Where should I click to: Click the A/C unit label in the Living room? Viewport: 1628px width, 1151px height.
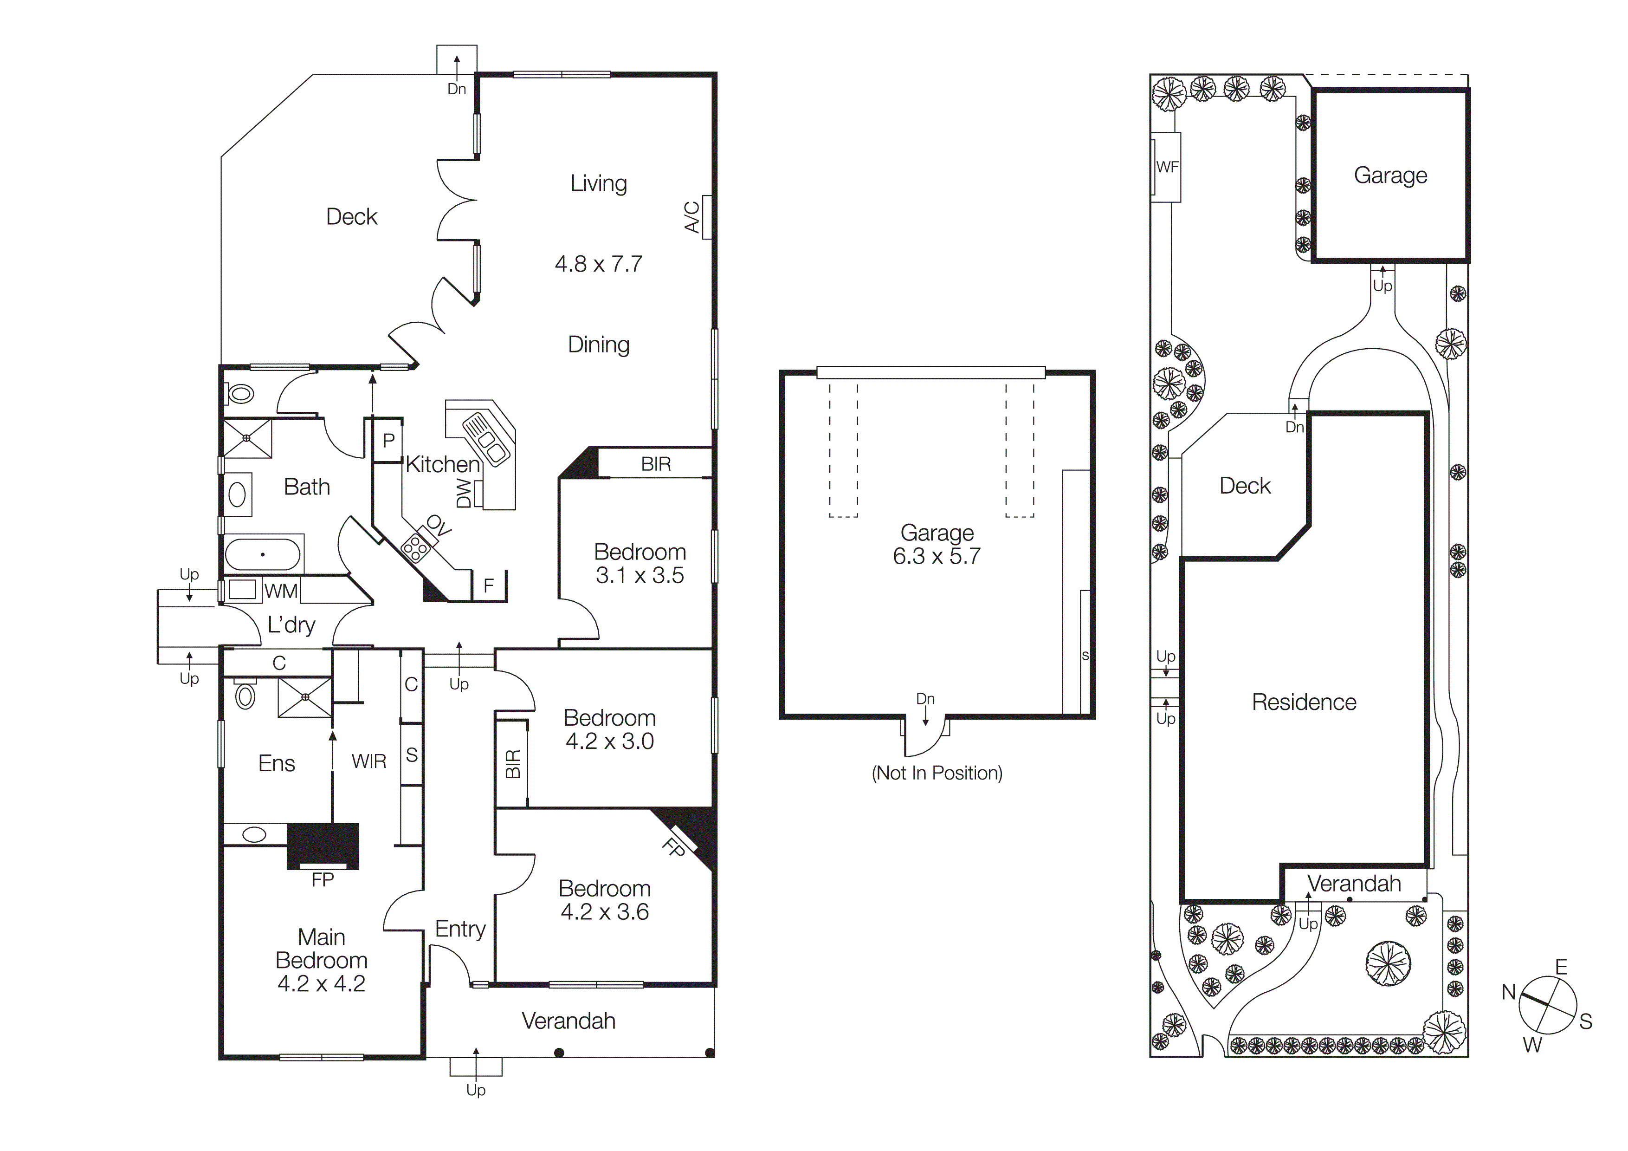(692, 217)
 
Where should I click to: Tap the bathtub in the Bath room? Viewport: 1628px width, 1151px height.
(262, 554)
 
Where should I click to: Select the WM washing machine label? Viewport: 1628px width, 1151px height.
(281, 591)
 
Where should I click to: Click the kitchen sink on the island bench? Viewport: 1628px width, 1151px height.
(486, 440)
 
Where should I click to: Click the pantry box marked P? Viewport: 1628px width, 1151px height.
(388, 441)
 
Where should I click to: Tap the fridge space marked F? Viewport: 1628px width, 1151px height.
(489, 586)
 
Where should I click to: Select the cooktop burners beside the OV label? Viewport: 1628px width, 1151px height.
(415, 547)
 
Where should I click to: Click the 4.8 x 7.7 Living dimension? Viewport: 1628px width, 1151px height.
(599, 264)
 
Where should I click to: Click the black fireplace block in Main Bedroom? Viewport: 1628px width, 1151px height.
(323, 845)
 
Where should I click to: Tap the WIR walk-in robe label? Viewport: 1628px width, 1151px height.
(368, 761)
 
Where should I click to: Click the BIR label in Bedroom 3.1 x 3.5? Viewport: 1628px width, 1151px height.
(655, 464)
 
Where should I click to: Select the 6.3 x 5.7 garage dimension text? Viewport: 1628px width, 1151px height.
(936, 556)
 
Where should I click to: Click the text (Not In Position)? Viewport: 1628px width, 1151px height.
(936, 773)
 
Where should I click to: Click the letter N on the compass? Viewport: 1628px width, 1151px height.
(1508, 992)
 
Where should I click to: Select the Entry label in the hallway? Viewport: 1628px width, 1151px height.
(460, 929)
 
